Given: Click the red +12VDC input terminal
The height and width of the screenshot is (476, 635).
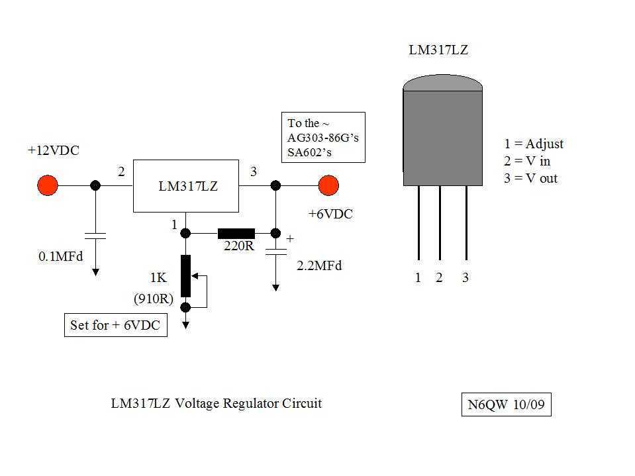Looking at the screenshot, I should click(47, 185).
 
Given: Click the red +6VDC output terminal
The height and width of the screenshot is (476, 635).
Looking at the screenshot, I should click(328, 185).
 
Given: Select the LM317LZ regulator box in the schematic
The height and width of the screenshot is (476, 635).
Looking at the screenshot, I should click(185, 186).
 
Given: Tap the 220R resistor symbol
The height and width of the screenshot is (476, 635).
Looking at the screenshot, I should click(236, 233).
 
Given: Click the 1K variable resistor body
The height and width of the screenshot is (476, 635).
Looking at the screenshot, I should click(186, 275).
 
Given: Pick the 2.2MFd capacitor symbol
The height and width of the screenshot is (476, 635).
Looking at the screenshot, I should click(275, 252).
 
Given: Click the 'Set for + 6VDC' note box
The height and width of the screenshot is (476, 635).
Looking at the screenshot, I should click(115, 326).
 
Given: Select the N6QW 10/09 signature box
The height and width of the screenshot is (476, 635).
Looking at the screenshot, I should click(505, 405).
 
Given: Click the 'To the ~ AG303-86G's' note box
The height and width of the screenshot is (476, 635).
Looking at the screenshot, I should click(324, 138).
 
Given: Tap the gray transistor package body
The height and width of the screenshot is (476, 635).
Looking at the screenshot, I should click(442, 136).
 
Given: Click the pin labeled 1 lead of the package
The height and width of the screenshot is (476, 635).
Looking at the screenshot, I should click(418, 222).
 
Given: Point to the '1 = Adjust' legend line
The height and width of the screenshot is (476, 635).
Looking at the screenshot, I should click(534, 144).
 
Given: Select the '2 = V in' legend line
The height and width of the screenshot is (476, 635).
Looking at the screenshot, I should click(527, 161).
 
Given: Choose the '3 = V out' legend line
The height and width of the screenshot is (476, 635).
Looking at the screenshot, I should click(530, 178).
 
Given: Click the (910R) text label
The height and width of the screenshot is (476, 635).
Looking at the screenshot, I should click(153, 299).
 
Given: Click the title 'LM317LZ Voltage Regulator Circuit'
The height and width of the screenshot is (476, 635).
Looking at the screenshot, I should click(216, 403).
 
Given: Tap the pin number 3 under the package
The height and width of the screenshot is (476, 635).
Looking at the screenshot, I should click(465, 278).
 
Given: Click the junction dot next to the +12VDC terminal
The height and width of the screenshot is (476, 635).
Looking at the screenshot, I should click(95, 186).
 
